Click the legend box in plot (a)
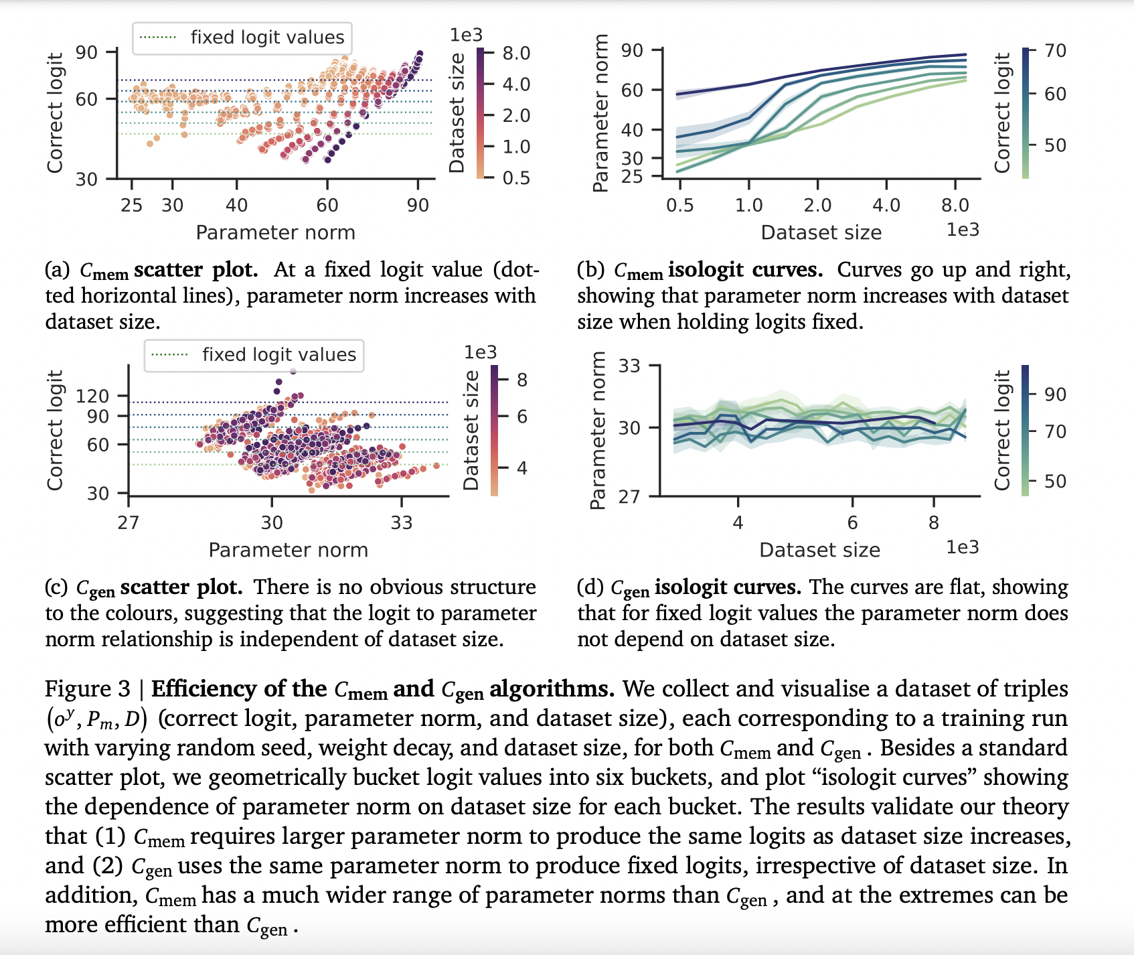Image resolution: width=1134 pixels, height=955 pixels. point(242,38)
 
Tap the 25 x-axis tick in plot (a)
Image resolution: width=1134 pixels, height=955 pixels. point(131,205)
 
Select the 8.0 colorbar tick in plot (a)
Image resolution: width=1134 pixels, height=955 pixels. point(516,53)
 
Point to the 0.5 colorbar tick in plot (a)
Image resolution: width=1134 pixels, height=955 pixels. point(516,177)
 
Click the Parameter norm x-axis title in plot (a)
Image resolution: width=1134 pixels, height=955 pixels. point(275,232)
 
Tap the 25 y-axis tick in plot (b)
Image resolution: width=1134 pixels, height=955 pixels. point(632,177)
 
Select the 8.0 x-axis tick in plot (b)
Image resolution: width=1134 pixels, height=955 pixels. point(955,205)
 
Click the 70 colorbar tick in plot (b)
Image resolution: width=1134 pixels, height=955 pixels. point(1055,50)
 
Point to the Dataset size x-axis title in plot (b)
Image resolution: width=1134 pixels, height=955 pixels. point(821,232)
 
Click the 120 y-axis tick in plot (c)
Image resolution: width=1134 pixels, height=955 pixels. point(92,396)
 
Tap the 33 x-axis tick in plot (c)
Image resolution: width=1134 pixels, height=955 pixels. point(401,522)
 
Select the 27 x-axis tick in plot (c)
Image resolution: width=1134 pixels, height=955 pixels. point(129,522)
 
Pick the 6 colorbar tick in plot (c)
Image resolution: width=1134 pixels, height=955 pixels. point(522,417)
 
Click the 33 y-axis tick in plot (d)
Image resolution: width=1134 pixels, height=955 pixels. point(629,366)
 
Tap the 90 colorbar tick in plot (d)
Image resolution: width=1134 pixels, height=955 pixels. point(1055,394)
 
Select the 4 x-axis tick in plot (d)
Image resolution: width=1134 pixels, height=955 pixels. point(738,522)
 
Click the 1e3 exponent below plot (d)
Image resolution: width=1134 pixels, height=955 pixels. point(962,547)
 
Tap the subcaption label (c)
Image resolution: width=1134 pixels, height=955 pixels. point(56,587)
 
